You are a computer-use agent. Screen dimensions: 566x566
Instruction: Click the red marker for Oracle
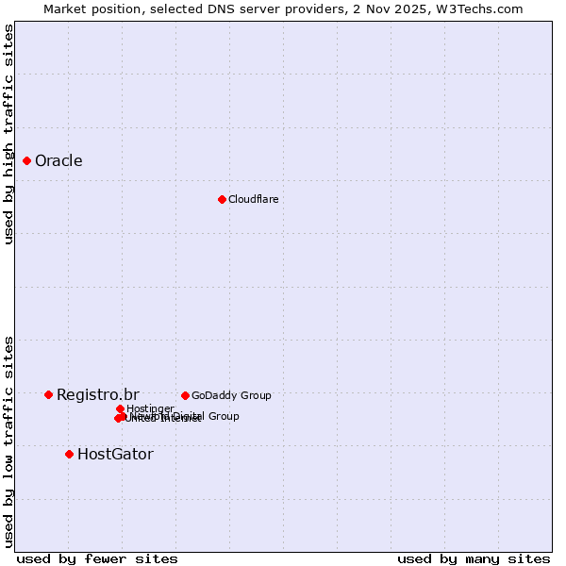pyautogui.click(x=27, y=161)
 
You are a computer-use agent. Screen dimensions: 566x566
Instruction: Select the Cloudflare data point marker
pyautogui.click(x=222, y=199)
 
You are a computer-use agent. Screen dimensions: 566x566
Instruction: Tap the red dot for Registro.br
pyautogui.click(x=48, y=394)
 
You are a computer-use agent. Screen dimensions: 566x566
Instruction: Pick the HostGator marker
pyautogui.click(x=69, y=454)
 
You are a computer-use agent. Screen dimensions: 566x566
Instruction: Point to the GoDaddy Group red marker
pyautogui.click(x=185, y=395)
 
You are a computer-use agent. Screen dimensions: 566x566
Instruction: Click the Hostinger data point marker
pyautogui.click(x=120, y=408)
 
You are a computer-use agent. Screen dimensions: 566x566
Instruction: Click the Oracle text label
pyautogui.click(x=58, y=161)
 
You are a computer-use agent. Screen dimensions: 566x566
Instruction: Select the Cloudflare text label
pyautogui.click(x=253, y=199)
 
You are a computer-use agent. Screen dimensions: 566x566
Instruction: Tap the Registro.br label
pyautogui.click(x=97, y=394)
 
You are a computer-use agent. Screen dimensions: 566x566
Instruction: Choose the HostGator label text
pyautogui.click(x=115, y=454)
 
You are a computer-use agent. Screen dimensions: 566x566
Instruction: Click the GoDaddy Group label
pyautogui.click(x=231, y=395)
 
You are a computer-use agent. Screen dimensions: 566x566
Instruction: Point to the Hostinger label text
pyautogui.click(x=150, y=408)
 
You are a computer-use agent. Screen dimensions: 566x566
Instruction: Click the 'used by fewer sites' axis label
pyautogui.click(x=97, y=558)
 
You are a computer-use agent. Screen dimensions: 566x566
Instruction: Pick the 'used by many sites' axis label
pyautogui.click(x=474, y=558)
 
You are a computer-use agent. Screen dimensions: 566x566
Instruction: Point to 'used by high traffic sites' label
pyautogui.click(x=8, y=134)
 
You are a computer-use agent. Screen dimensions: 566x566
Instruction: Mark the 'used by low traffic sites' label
pyautogui.click(x=8, y=441)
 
